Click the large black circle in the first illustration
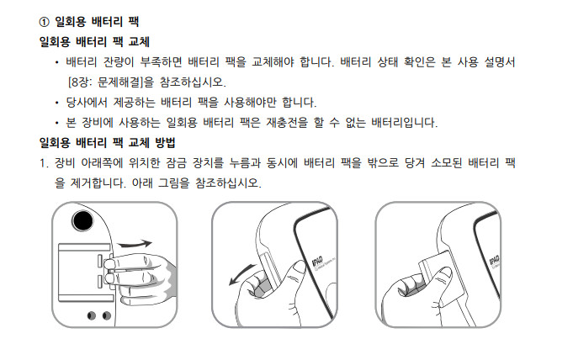[82, 221]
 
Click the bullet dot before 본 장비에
[57, 123]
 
